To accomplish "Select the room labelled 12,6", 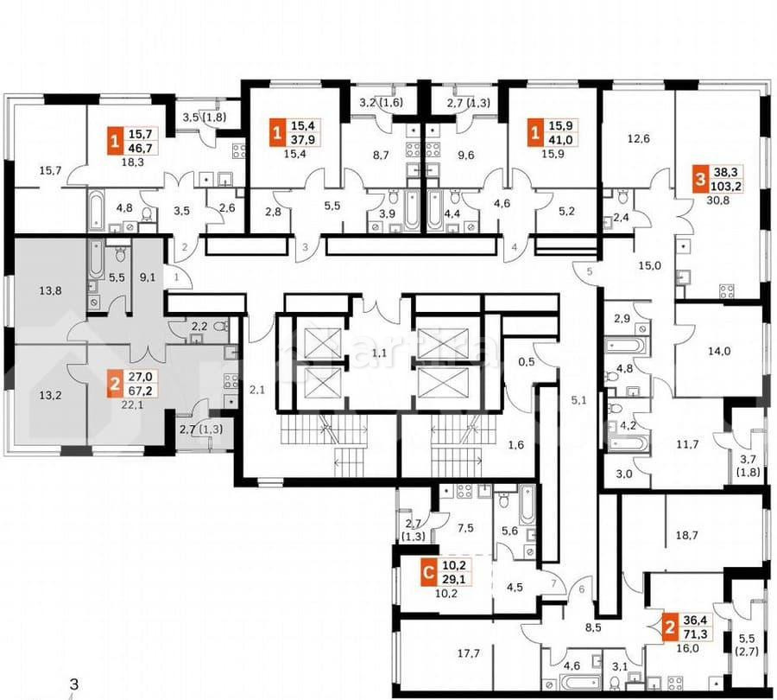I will pyautogui.click(x=637, y=136).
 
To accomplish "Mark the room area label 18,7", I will pyautogui.click(x=686, y=536).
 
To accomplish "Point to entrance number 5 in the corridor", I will pyautogui.click(x=591, y=273).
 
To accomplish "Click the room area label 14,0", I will pyautogui.click(x=718, y=351).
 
